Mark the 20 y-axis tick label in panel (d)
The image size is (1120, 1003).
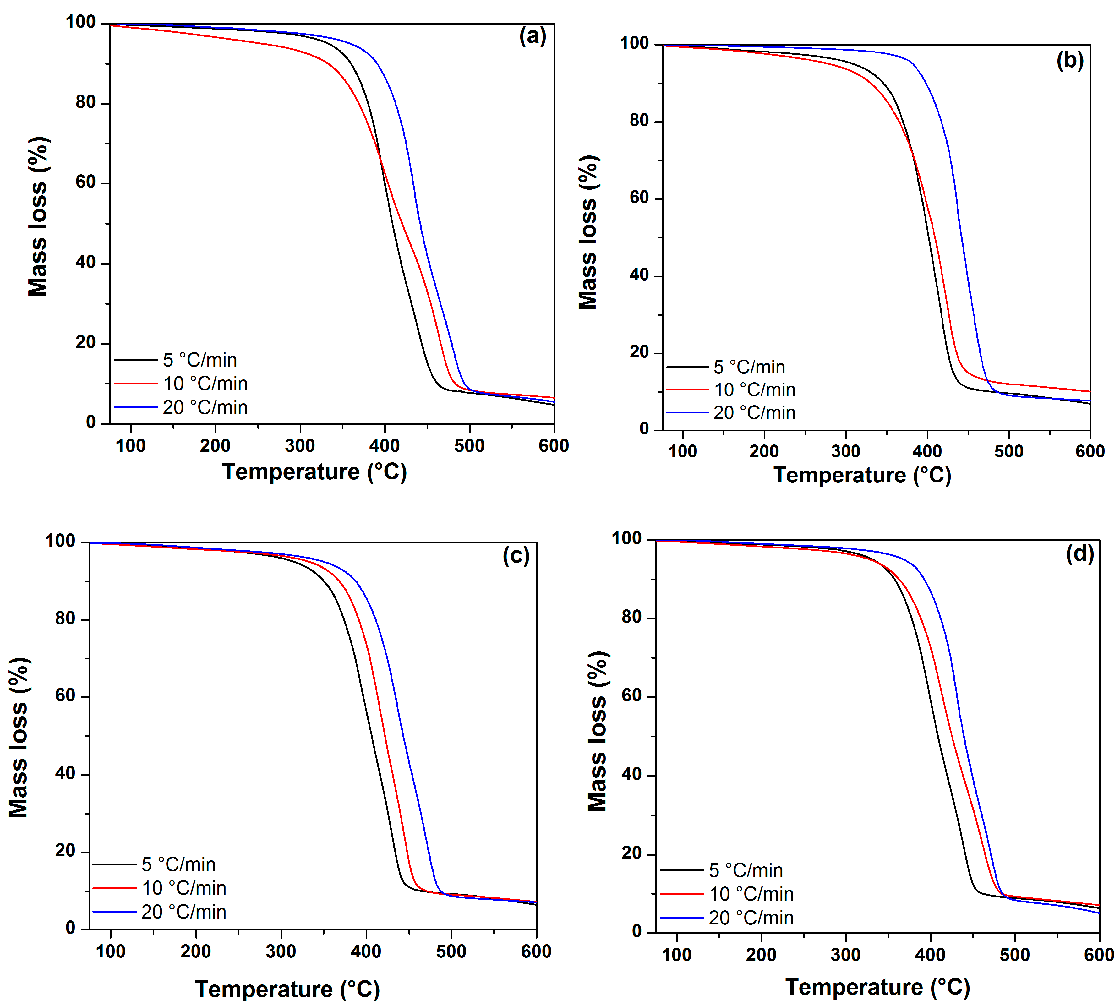(632, 854)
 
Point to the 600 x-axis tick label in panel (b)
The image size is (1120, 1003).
(1090, 451)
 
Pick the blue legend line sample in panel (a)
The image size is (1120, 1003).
(136, 407)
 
